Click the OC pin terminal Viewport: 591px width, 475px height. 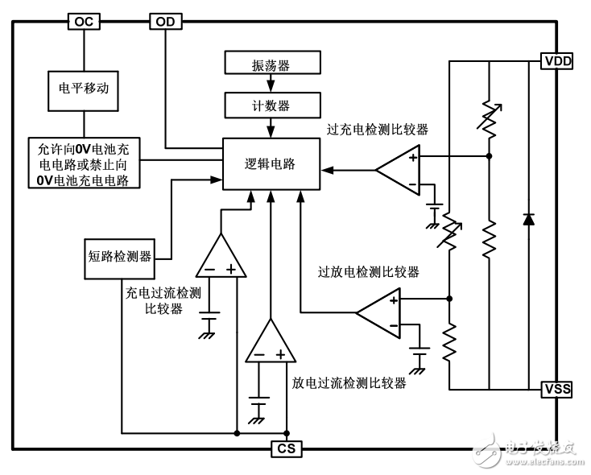tap(83, 22)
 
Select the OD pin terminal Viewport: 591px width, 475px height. tap(166, 22)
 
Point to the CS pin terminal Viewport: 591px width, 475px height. tap(287, 448)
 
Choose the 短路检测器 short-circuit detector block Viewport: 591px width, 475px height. tap(120, 258)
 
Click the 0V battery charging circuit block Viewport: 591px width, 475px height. tap(85, 163)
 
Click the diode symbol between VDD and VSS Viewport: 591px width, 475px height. tap(528, 218)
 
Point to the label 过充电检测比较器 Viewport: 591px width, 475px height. tap(377, 129)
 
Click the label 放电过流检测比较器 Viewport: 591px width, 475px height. tap(348, 383)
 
